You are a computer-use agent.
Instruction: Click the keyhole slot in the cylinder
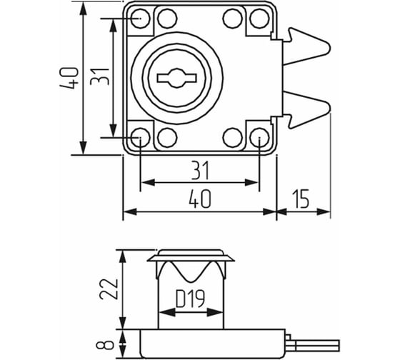(x=177, y=78)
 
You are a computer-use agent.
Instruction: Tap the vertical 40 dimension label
(x=69, y=78)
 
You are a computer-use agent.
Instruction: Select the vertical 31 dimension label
(x=99, y=76)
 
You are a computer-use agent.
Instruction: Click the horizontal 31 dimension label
(x=200, y=170)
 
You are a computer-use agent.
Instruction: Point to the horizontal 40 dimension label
(x=200, y=199)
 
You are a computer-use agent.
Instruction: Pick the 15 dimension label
(x=301, y=199)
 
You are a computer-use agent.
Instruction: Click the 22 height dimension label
(x=109, y=289)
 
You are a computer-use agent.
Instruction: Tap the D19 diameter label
(x=191, y=299)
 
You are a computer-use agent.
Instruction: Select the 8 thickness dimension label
(x=105, y=345)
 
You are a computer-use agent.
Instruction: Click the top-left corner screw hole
(x=140, y=19)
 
